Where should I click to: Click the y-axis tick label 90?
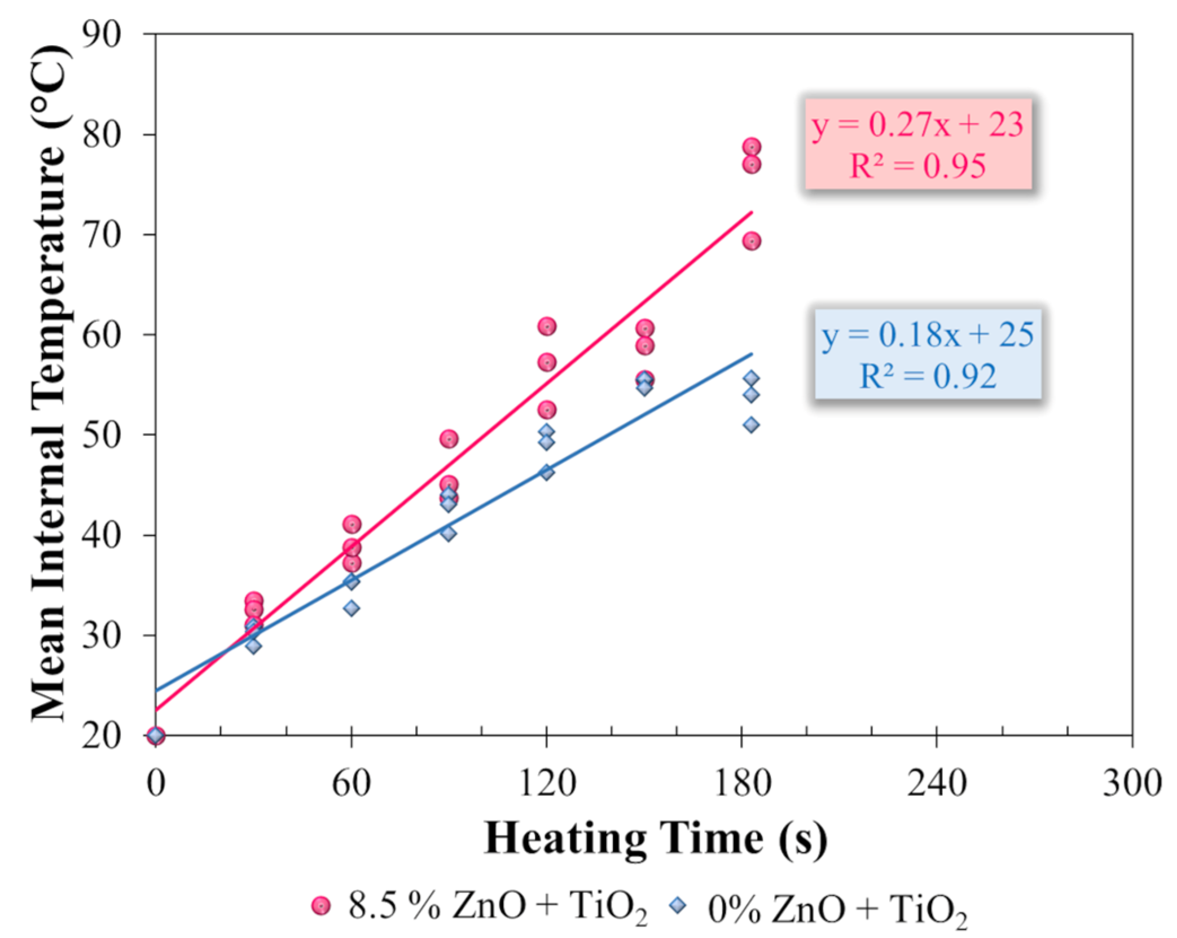click(x=102, y=35)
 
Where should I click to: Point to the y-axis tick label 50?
click(x=102, y=434)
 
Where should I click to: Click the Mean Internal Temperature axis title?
click(x=50, y=384)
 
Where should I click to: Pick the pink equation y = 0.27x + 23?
click(x=917, y=125)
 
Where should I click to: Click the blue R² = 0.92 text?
click(x=928, y=376)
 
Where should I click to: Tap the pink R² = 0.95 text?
click(x=917, y=166)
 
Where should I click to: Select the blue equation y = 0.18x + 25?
click(x=928, y=335)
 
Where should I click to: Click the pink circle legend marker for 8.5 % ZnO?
click(x=321, y=906)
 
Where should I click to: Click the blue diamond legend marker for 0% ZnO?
click(x=679, y=905)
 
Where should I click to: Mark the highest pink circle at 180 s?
click(x=752, y=147)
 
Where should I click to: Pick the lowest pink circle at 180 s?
click(x=752, y=241)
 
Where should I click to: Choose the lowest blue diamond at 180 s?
click(x=751, y=425)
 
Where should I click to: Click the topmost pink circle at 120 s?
click(x=547, y=327)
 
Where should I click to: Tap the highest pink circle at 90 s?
click(x=449, y=439)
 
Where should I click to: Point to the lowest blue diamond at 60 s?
click(x=352, y=608)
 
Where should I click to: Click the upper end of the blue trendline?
click(x=752, y=354)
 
